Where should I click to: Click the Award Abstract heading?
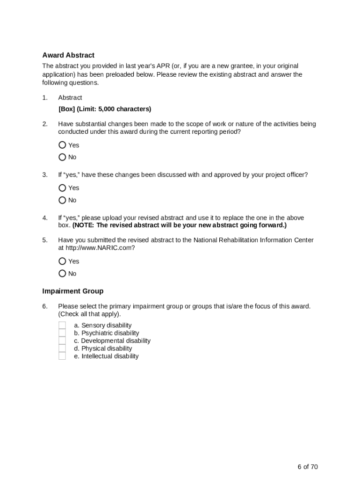click(68, 55)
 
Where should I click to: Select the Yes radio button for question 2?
click(62, 145)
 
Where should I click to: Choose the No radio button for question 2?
click(62, 157)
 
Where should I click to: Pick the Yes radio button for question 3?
click(62, 188)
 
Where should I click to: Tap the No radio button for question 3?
click(62, 200)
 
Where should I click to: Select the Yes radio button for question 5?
click(62, 261)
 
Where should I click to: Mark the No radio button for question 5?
click(62, 274)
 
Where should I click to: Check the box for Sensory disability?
click(62, 325)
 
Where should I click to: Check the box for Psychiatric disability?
click(62, 333)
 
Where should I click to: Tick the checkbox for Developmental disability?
click(62, 341)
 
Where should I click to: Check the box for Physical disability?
click(62, 348)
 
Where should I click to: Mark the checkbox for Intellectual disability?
click(62, 356)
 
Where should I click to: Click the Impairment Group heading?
click(72, 291)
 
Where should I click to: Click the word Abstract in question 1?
click(70, 98)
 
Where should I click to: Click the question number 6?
click(45, 306)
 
